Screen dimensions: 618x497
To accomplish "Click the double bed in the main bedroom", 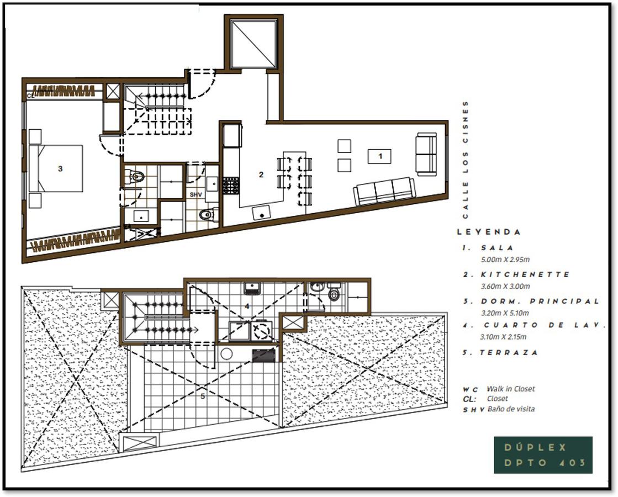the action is point(56,168).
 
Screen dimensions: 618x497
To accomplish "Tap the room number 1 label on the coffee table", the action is point(380,156).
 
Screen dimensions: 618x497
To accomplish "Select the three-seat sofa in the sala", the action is point(384,191).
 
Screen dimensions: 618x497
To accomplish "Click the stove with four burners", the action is point(231,186).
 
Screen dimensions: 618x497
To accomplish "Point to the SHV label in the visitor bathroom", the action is point(196,195).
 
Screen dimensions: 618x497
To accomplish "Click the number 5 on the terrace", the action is point(203,396).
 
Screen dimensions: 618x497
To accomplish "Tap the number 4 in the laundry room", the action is point(247,306).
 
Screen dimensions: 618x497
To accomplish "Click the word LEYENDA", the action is point(489,232).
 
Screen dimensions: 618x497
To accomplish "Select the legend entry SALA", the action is point(498,248).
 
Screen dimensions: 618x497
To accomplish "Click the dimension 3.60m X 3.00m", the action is point(505,286).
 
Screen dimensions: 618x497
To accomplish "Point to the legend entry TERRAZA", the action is point(509,352).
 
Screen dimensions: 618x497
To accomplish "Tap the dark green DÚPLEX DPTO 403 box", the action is point(543,455).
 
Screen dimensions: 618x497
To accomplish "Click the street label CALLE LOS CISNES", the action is point(466,160).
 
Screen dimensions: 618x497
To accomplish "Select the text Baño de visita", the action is point(511,409).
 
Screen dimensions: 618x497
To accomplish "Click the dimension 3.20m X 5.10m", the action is point(505,313).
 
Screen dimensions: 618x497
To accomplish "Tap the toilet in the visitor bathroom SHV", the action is point(207,214).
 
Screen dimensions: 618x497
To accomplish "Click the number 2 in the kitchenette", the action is point(261,174).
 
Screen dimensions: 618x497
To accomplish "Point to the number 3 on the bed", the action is point(60,168).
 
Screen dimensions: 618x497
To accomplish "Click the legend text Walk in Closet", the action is point(511,389).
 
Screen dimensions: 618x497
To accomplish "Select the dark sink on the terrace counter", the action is point(263,355).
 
